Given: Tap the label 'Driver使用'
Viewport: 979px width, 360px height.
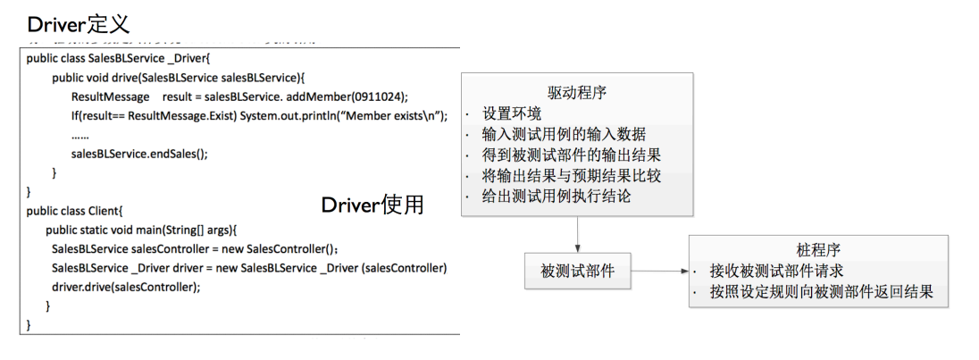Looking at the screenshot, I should pos(372,205).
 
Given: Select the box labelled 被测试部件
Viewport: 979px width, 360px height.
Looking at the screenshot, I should pos(577,271).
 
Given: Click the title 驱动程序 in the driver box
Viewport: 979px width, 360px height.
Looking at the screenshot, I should pos(577,94).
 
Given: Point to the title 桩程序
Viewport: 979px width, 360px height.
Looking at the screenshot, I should pos(817,250).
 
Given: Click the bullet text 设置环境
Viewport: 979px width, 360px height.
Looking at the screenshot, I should pos(512,114).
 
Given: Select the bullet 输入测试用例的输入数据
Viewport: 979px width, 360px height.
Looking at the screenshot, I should pos(564,135).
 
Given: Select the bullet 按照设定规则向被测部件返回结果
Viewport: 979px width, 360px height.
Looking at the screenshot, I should pos(822,292).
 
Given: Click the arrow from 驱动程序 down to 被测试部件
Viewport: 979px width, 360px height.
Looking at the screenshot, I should pos(578,234).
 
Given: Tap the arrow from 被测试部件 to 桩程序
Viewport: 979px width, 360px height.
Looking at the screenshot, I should pos(659,271).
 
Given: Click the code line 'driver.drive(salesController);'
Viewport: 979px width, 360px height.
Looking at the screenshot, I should pos(125,287).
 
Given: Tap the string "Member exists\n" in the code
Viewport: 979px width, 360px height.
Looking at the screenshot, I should pos(393,116).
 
